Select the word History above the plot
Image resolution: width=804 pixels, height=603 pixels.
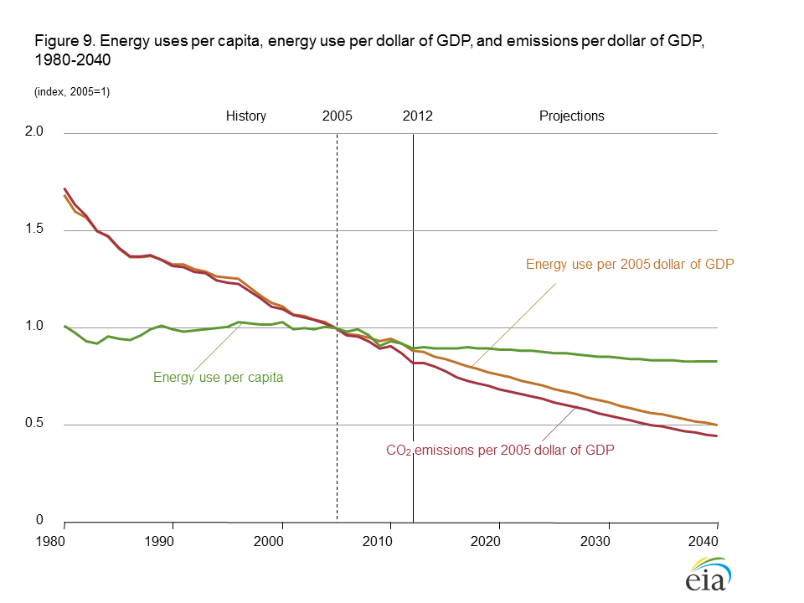(245, 116)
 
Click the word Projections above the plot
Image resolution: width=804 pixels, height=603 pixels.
(571, 116)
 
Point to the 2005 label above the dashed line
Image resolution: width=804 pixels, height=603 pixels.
(337, 116)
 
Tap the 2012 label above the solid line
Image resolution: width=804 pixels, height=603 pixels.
(417, 116)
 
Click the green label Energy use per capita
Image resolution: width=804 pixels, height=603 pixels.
(218, 378)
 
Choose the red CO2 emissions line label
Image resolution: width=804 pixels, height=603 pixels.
(500, 451)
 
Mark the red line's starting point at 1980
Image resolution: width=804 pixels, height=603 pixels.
(64, 188)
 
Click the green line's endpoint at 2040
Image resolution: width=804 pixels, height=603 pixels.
(717, 361)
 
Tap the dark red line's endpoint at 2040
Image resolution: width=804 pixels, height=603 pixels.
(717, 435)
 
